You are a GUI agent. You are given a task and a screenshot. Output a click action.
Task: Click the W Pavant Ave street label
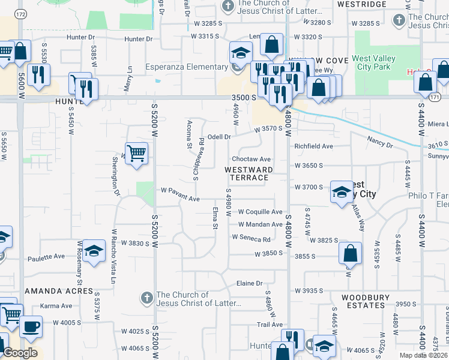[x=180, y=191]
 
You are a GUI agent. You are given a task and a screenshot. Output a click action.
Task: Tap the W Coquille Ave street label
[x=260, y=212]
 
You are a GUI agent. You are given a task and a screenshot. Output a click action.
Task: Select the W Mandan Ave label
[x=260, y=224]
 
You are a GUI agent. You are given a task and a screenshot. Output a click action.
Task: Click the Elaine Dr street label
[x=250, y=283]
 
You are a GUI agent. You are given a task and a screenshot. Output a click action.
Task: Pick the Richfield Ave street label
[x=313, y=146]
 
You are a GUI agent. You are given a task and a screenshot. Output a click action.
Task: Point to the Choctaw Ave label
[x=252, y=160]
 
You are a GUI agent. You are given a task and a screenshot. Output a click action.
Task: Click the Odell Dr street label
[x=219, y=137]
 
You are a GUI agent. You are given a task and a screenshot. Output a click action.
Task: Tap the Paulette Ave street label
[x=46, y=257]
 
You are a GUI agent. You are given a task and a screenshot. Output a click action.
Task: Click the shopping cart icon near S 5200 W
[x=137, y=152]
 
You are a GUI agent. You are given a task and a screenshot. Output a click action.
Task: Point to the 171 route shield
[x=435, y=97]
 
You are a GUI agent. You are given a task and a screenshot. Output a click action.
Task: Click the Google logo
[x=20, y=353]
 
